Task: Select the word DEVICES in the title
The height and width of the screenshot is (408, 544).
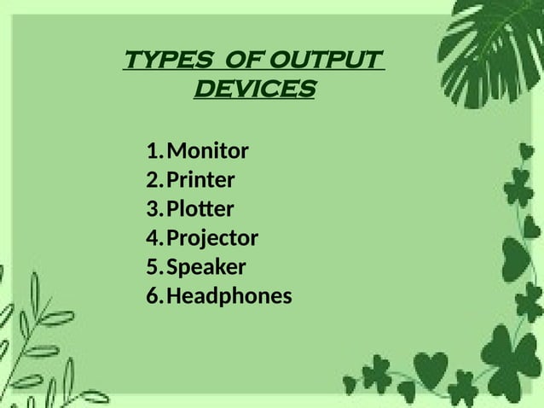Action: point(255,89)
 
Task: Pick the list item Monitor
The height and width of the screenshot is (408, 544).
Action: point(207,152)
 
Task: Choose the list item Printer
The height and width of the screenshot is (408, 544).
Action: point(200,181)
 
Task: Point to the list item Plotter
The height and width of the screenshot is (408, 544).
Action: point(200,210)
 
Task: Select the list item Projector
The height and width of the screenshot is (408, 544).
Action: point(211,239)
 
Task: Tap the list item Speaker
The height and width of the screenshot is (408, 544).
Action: point(205,268)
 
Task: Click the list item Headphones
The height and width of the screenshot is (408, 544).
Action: point(229,297)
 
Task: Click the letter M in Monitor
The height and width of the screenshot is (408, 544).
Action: point(176,152)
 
